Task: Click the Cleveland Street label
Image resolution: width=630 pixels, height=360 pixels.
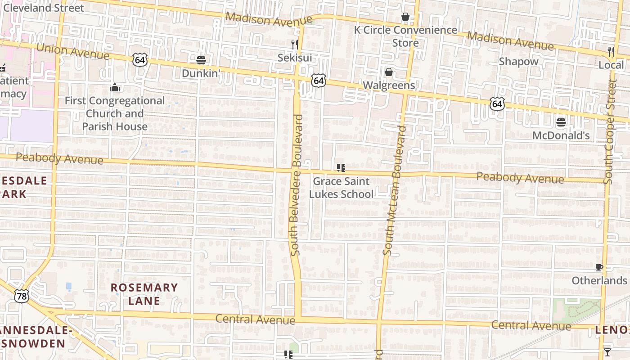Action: (x=44, y=8)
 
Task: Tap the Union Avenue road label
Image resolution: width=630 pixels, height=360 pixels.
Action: (x=72, y=51)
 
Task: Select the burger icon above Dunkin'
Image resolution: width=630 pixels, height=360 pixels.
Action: (x=201, y=60)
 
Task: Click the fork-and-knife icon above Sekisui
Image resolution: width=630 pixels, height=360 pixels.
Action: (x=295, y=44)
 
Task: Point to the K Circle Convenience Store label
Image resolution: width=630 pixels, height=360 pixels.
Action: (x=405, y=36)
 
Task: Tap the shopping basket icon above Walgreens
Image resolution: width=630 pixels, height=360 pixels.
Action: (x=388, y=72)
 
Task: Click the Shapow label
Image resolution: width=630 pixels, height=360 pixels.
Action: (x=518, y=61)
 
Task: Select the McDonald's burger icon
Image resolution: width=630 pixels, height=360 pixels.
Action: (x=561, y=122)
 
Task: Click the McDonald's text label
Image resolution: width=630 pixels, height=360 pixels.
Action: (x=561, y=135)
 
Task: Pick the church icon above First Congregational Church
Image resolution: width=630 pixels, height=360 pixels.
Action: (x=115, y=87)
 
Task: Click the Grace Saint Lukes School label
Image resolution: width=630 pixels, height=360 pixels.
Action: (x=341, y=188)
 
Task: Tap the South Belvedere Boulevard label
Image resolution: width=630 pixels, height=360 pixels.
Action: (x=297, y=185)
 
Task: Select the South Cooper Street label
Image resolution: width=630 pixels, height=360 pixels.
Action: (x=610, y=131)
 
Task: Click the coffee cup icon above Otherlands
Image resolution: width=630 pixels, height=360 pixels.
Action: (x=599, y=268)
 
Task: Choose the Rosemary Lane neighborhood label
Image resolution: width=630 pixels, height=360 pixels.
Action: (x=144, y=294)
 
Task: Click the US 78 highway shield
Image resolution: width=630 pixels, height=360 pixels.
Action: (x=21, y=296)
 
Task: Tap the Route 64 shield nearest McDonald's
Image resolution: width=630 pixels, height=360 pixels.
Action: (x=497, y=104)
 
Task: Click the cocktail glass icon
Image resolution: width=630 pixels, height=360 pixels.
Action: (x=607, y=352)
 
